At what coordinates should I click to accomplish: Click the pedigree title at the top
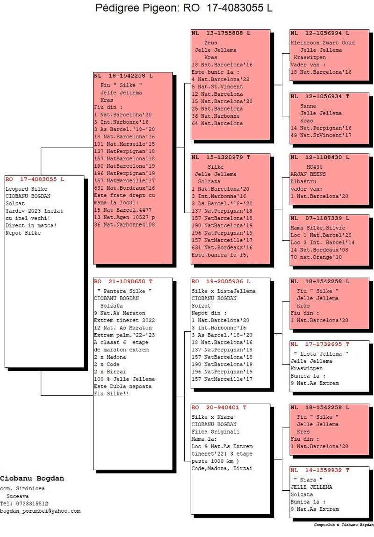pyautogui.click(x=184, y=8)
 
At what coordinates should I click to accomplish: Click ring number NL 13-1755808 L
pyautogui.click(x=221, y=34)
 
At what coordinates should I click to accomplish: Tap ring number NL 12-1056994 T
pyautogui.click(x=320, y=34)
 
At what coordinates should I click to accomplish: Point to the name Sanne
pyautogui.click(x=308, y=106)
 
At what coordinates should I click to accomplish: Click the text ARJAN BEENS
pyautogui.click(x=309, y=174)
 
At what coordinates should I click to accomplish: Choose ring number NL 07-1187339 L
pyautogui.click(x=320, y=218)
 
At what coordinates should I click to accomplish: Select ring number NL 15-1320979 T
pyautogui.click(x=221, y=158)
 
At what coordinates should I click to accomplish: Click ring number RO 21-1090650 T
pyautogui.click(x=123, y=282)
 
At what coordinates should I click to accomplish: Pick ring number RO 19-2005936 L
pyautogui.click(x=221, y=282)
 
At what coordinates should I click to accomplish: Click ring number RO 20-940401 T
pyautogui.click(x=219, y=408)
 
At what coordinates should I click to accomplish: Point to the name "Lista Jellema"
pyautogui.click(x=321, y=354)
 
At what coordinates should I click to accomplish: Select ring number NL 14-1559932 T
pyautogui.click(x=320, y=470)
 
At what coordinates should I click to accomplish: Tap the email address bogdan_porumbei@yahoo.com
pyautogui.click(x=40, y=511)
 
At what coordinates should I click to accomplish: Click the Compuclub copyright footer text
pyautogui.click(x=343, y=525)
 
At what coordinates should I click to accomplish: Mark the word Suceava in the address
pyautogui.click(x=17, y=496)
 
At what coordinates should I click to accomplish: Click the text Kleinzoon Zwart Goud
pyautogui.click(x=323, y=43)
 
